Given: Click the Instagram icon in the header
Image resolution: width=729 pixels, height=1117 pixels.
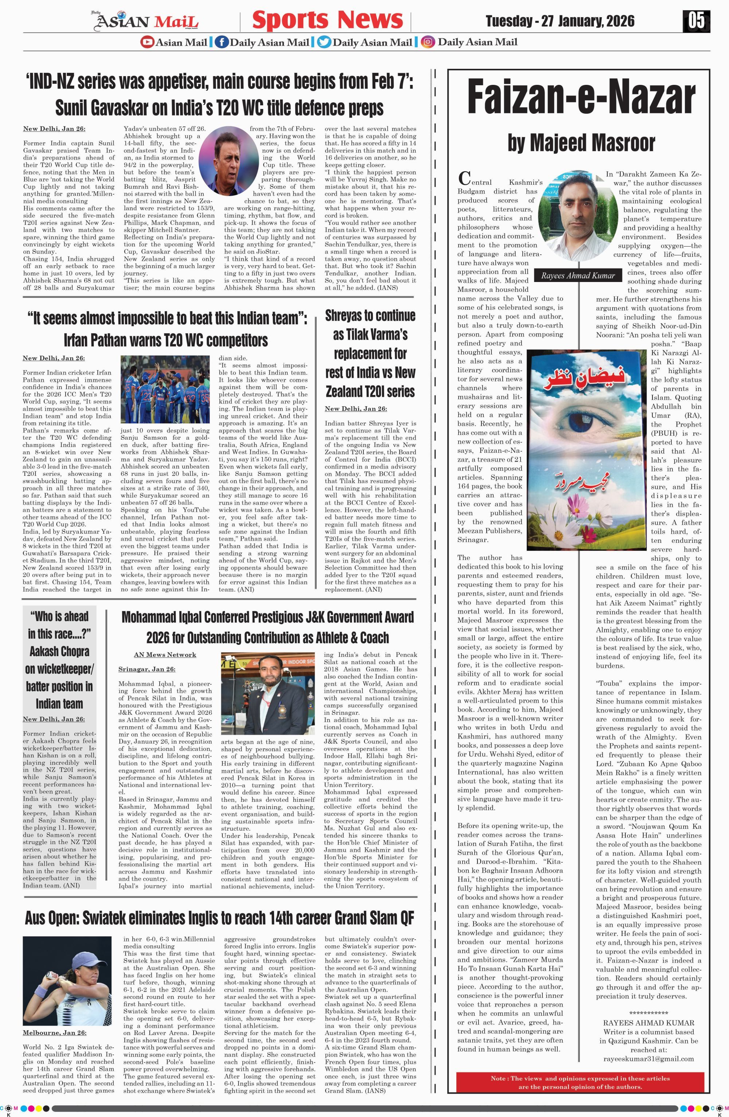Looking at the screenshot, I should pos(427,42).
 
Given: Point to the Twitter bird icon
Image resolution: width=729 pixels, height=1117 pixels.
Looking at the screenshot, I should pos(323,42).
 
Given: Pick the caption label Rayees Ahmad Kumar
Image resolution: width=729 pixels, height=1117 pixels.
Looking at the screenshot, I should pos(578,275).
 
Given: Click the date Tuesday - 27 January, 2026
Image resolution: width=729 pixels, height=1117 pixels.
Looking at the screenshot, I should pos(560,21).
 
